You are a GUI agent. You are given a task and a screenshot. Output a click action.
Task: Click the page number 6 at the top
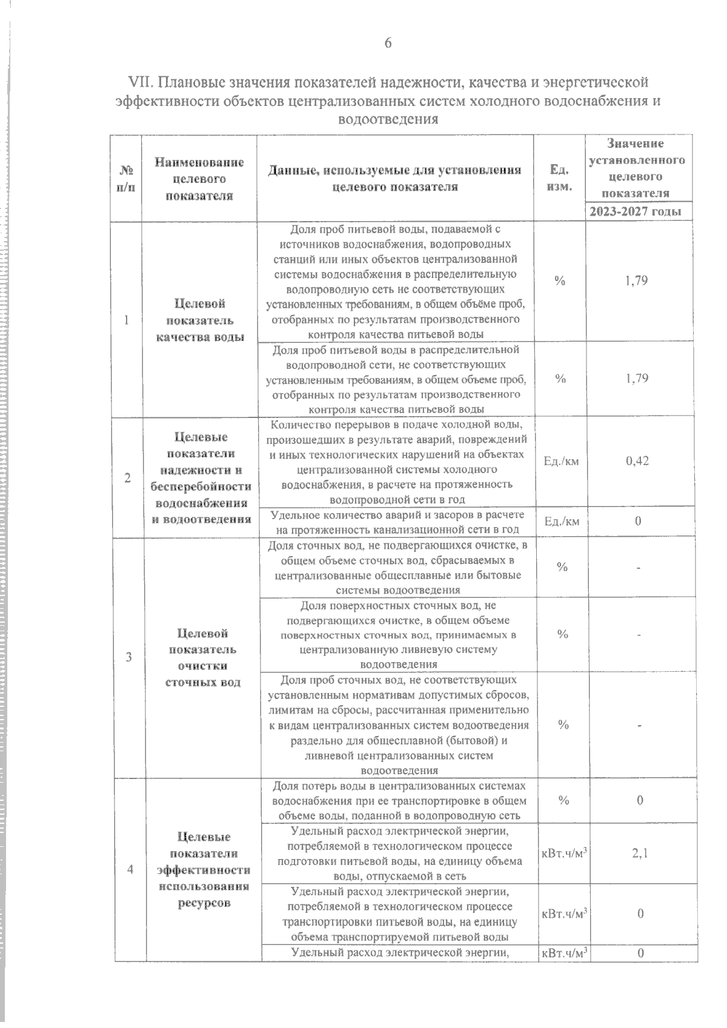(388, 43)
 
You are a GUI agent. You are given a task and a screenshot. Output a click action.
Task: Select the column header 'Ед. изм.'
(559, 178)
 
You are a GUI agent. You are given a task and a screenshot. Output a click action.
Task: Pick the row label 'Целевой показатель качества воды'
(200, 320)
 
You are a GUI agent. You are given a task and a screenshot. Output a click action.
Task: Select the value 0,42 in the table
(637, 461)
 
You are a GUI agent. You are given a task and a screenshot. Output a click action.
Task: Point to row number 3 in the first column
(128, 657)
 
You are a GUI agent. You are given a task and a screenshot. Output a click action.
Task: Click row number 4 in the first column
(130, 869)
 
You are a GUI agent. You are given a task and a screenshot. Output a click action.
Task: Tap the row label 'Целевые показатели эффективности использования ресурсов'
(204, 870)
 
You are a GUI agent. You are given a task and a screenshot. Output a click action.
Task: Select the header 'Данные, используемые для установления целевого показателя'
(395, 179)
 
